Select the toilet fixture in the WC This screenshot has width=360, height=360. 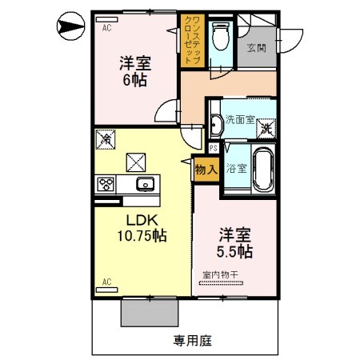pyautogui.click(x=222, y=35)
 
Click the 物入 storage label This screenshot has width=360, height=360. pyautogui.click(x=206, y=170)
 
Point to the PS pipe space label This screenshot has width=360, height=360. pyautogui.click(x=214, y=148)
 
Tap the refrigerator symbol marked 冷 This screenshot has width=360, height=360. pyautogui.click(x=105, y=139)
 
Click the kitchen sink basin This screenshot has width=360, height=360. pyautogui.click(x=145, y=185)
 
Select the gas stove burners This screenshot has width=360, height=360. pyautogui.click(x=105, y=185)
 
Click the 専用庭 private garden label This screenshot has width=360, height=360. pyautogui.click(x=192, y=340)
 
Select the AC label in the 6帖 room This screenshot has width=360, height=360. pyautogui.click(x=105, y=26)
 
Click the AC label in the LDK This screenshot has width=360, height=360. pyautogui.click(x=104, y=282)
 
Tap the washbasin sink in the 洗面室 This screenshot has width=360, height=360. pyautogui.click(x=216, y=122)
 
